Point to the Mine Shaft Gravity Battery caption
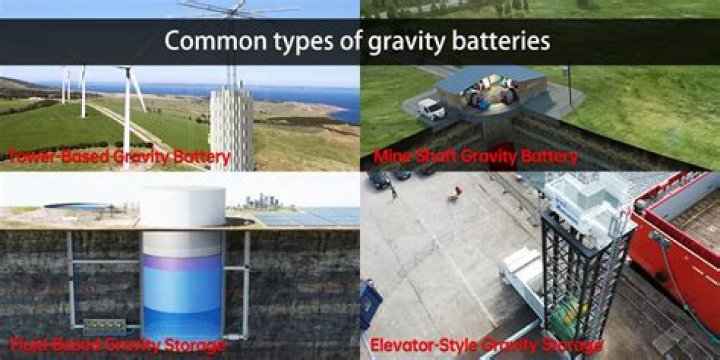pyautogui.click(x=475, y=157)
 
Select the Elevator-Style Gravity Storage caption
pyautogui.click(x=487, y=347)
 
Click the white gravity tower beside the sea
pyautogui.click(x=231, y=125)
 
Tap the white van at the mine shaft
pyautogui.click(x=431, y=107)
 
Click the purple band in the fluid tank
pyautogui.click(x=181, y=262)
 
